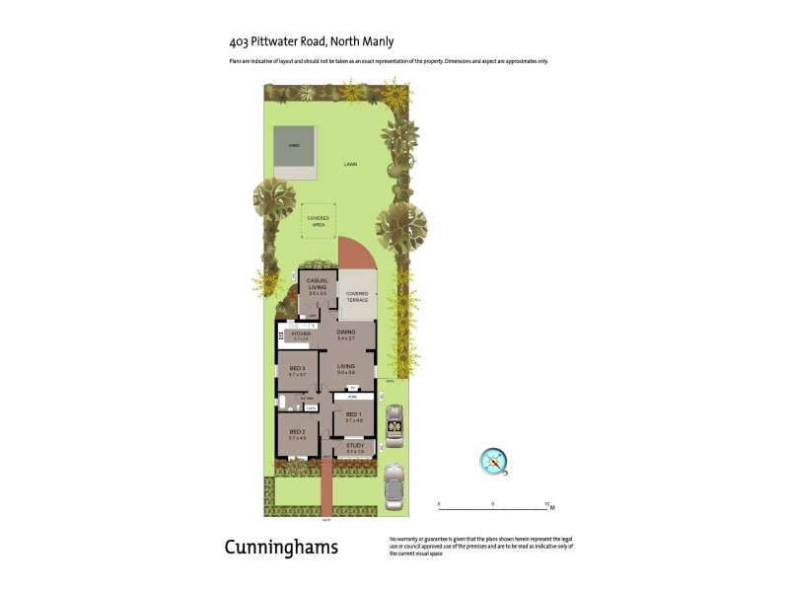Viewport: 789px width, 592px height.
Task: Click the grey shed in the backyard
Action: (x=293, y=153)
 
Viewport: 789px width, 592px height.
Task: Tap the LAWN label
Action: (x=351, y=164)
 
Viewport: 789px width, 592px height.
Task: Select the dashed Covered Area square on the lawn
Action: (x=319, y=220)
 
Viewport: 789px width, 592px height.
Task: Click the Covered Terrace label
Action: (x=357, y=297)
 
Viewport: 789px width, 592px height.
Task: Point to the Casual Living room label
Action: (x=318, y=283)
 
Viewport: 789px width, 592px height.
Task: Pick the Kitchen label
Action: (x=301, y=333)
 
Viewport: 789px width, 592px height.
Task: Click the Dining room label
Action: (x=346, y=333)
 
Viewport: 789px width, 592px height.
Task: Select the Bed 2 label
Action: (x=297, y=431)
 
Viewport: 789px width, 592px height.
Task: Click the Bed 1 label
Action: (x=353, y=414)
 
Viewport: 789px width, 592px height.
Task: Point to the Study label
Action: (x=355, y=446)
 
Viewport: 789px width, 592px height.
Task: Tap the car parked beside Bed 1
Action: (x=394, y=426)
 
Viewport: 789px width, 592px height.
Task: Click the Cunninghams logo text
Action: (x=280, y=548)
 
